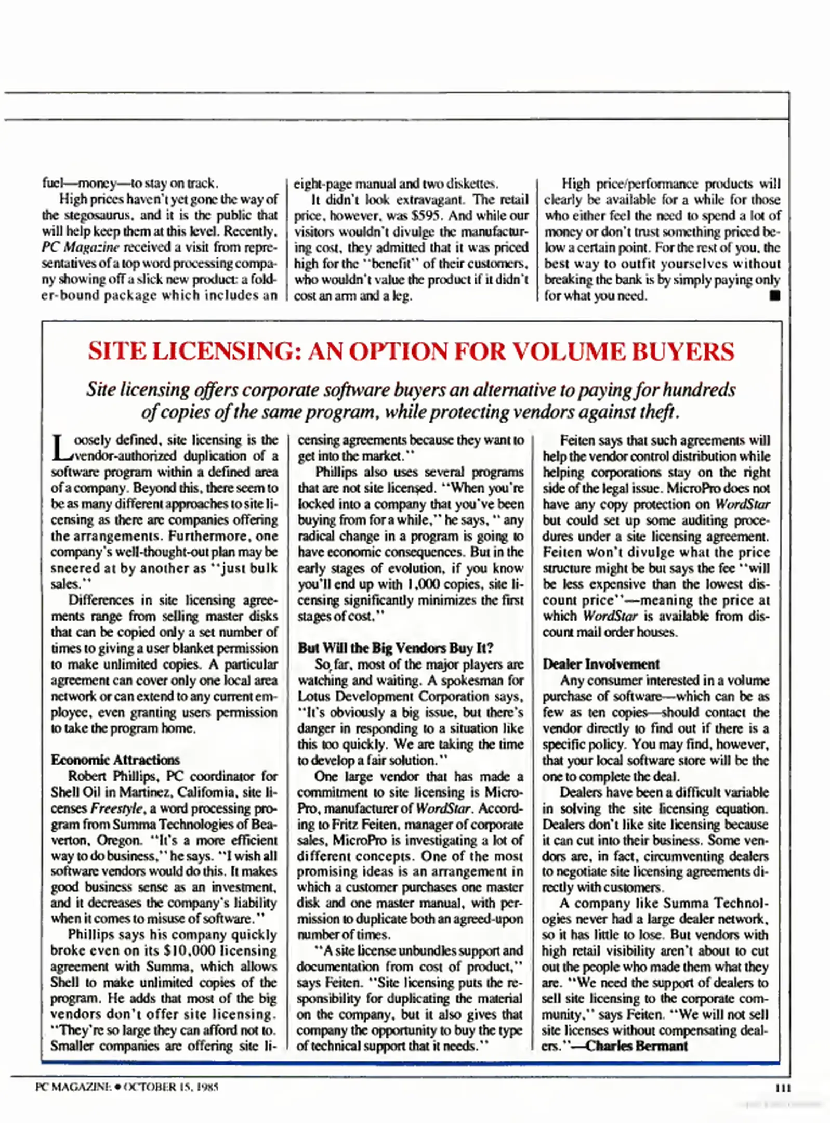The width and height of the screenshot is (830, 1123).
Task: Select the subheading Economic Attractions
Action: [115, 760]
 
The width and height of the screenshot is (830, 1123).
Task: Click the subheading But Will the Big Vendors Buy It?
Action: [396, 648]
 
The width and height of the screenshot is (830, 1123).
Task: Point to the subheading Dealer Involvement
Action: [601, 664]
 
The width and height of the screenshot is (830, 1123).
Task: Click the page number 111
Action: [783, 1087]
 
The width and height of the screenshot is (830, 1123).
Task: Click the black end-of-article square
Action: [775, 296]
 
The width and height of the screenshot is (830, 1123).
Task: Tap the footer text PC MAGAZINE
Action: [73, 1087]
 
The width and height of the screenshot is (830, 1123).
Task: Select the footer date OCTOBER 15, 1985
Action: [171, 1087]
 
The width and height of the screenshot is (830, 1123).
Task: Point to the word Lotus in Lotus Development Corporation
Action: [314, 696]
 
